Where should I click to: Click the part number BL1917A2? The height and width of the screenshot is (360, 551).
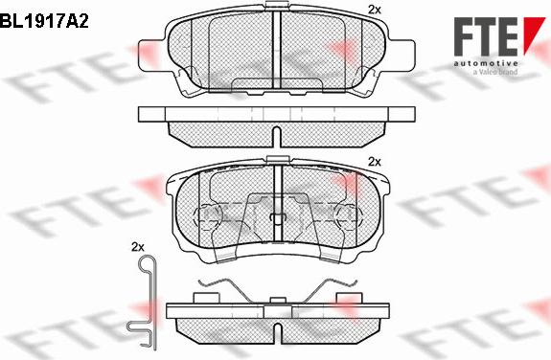44,21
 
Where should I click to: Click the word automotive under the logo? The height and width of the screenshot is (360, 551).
486,63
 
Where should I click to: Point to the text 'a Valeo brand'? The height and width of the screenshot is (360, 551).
495,72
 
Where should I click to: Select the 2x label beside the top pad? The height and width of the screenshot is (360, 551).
375,10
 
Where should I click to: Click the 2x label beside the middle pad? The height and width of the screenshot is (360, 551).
375,162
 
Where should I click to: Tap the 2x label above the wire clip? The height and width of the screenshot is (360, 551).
137,247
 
